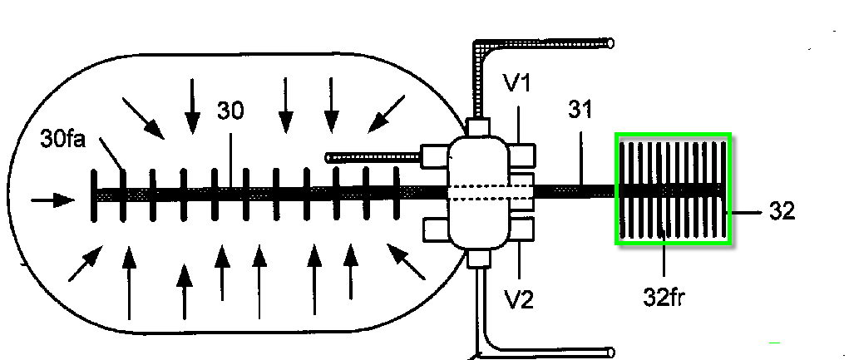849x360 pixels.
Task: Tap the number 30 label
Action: coord(230,111)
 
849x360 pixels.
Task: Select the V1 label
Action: coord(516,83)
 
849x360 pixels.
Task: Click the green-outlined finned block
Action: coord(673,190)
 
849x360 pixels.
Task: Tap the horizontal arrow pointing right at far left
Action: coord(51,200)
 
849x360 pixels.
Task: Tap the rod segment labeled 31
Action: coord(574,190)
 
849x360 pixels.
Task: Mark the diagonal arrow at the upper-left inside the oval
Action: coord(143,118)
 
